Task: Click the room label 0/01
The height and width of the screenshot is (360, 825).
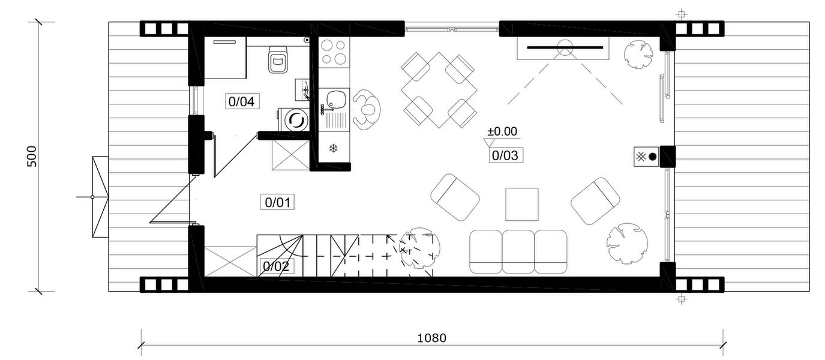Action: [277, 202]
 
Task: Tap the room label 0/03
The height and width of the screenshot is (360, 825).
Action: [504, 156]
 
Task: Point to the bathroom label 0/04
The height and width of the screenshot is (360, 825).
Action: [242, 101]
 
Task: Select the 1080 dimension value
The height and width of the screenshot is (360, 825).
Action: [431, 338]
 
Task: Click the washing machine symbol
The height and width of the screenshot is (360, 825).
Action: [295, 119]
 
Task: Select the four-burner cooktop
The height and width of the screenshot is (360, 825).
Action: [334, 52]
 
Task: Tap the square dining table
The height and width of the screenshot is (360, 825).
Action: [439, 90]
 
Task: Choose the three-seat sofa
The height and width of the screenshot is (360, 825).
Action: [518, 251]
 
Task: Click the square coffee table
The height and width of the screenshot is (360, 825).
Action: [522, 205]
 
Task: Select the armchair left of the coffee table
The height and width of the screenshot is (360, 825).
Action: [455, 197]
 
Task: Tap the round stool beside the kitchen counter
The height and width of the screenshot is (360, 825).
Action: [367, 109]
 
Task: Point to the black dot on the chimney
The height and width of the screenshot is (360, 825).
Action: [652, 157]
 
